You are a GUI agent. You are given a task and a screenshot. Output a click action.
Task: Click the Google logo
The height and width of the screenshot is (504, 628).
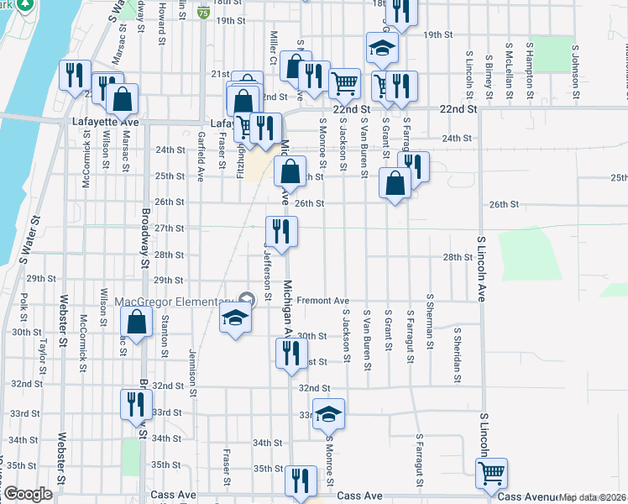(28, 494)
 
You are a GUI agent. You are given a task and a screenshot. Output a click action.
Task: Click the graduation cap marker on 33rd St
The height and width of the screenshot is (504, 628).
(329, 412)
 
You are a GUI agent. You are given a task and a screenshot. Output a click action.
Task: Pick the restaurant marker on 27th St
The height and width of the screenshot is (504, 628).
(281, 230)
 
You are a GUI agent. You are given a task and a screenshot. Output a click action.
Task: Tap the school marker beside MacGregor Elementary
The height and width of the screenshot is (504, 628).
(235, 318)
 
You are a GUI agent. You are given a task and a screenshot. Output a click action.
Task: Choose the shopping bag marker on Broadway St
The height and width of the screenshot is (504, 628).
(136, 322)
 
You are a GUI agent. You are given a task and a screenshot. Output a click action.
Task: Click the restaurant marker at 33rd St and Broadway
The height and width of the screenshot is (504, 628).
(134, 404)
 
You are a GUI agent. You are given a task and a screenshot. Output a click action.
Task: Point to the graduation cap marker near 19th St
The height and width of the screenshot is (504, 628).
(381, 48)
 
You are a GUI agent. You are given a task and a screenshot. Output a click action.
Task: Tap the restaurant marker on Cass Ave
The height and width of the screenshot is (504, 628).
(299, 480)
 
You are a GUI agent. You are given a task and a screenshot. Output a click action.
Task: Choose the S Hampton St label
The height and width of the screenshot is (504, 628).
(530, 64)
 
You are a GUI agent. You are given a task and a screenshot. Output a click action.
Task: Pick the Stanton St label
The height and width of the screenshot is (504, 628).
(165, 332)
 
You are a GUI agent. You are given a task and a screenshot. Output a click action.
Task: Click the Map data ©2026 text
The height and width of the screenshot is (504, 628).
(593, 497)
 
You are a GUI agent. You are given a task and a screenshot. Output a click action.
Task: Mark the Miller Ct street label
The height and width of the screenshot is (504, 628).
(272, 46)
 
